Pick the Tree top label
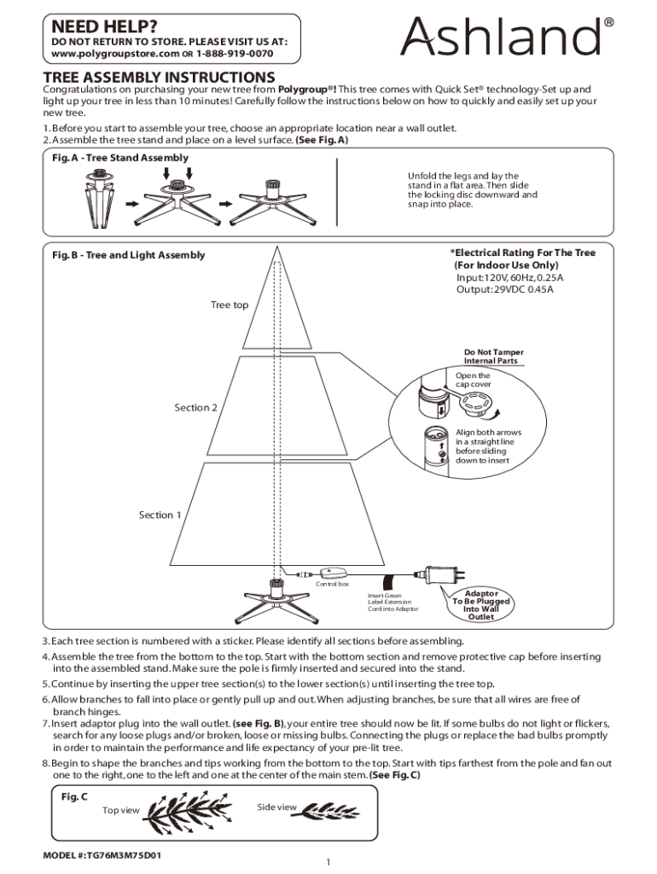pyautogui.click(x=230, y=306)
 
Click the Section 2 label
pyautogui.click(x=195, y=408)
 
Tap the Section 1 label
pyautogui.click(x=160, y=515)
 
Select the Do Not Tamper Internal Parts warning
pyautogui.click(x=493, y=356)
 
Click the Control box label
pyautogui.click(x=332, y=584)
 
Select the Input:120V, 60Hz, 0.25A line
pyautogui.click(x=509, y=278)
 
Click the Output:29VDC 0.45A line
pyautogui.click(x=504, y=290)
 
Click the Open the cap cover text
pyautogui.click(x=473, y=380)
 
